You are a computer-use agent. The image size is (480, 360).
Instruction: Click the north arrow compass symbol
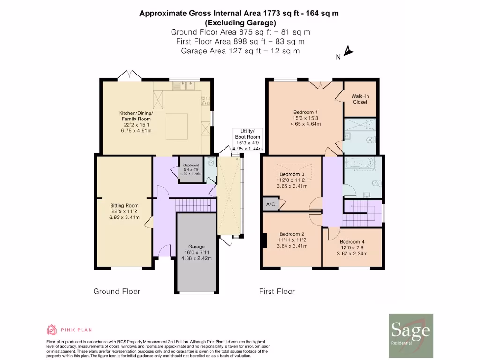(348, 51)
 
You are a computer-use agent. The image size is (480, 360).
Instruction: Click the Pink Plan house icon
(52, 330)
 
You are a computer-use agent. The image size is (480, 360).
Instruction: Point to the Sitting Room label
(124, 211)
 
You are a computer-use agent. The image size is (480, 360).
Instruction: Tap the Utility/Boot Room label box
(247, 140)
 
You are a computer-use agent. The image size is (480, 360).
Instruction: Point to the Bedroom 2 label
(292, 240)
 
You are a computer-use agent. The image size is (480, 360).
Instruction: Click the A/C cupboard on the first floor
(270, 204)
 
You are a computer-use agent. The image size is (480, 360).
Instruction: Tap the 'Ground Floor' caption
(117, 292)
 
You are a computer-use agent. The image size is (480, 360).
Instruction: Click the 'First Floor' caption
(277, 292)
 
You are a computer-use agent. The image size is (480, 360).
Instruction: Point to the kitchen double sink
(185, 86)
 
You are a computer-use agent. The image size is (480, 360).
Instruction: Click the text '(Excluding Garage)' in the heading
(240, 22)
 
